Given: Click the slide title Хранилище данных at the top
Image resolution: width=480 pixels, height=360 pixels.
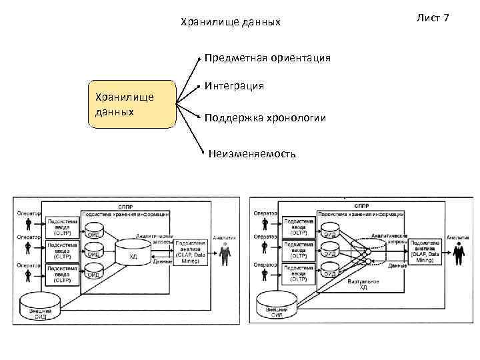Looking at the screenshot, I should tap(231, 23).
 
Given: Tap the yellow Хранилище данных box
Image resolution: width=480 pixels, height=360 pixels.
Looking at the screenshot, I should tap(132, 104).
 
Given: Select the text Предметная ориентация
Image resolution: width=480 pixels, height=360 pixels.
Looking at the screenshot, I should tap(267, 58).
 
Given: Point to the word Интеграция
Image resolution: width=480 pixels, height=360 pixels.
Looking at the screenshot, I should tap(234, 86).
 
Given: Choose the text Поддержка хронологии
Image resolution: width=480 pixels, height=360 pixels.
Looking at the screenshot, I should tap(265, 118).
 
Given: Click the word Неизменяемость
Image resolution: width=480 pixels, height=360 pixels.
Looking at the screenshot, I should tap(252, 153).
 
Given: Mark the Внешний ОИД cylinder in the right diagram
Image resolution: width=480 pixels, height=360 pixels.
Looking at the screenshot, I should tap(276, 306).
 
